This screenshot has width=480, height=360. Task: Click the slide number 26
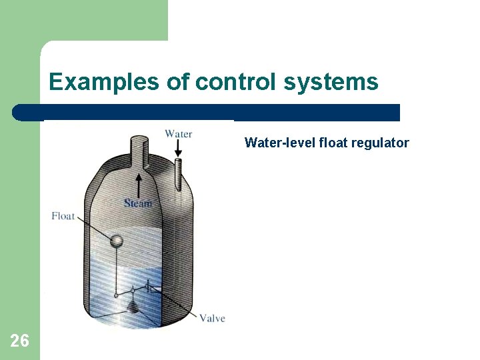[x=20, y=341]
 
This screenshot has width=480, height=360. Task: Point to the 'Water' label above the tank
[x=178, y=134]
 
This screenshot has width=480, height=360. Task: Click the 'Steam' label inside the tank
[x=138, y=203]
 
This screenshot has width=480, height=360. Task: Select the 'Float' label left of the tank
[x=63, y=215]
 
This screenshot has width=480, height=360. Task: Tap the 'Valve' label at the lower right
[x=212, y=318]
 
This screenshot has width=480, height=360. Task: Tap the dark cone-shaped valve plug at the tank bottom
[x=135, y=307]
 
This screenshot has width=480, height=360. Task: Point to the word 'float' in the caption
[x=335, y=143]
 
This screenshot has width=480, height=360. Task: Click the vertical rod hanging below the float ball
[x=117, y=270]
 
